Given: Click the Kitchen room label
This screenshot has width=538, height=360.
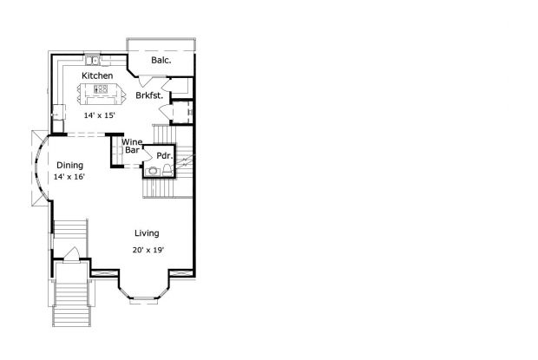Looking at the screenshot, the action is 97,75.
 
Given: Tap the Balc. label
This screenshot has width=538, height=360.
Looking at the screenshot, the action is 161,61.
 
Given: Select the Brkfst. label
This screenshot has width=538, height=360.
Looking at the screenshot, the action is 149,95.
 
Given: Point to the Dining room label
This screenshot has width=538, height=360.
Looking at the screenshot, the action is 70,166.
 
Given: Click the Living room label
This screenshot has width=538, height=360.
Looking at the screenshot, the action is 147,233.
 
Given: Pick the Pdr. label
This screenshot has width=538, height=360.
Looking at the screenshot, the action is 164,156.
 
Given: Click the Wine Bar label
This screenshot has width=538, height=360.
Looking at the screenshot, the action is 132,146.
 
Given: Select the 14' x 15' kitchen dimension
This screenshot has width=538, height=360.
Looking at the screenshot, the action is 100,115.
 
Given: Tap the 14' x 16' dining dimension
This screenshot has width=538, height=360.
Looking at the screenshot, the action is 69,177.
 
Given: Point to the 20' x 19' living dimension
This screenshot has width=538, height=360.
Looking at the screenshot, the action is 148,251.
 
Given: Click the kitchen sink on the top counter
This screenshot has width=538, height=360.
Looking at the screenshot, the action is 92,61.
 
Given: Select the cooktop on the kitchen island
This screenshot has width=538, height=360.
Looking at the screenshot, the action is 101,89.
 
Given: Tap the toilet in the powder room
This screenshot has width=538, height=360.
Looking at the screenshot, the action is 167,170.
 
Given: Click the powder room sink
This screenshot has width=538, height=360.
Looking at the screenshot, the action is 153,171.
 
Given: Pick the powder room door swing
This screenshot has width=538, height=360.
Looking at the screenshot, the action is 148,154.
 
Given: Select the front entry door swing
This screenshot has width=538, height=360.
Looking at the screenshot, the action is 72,254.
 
